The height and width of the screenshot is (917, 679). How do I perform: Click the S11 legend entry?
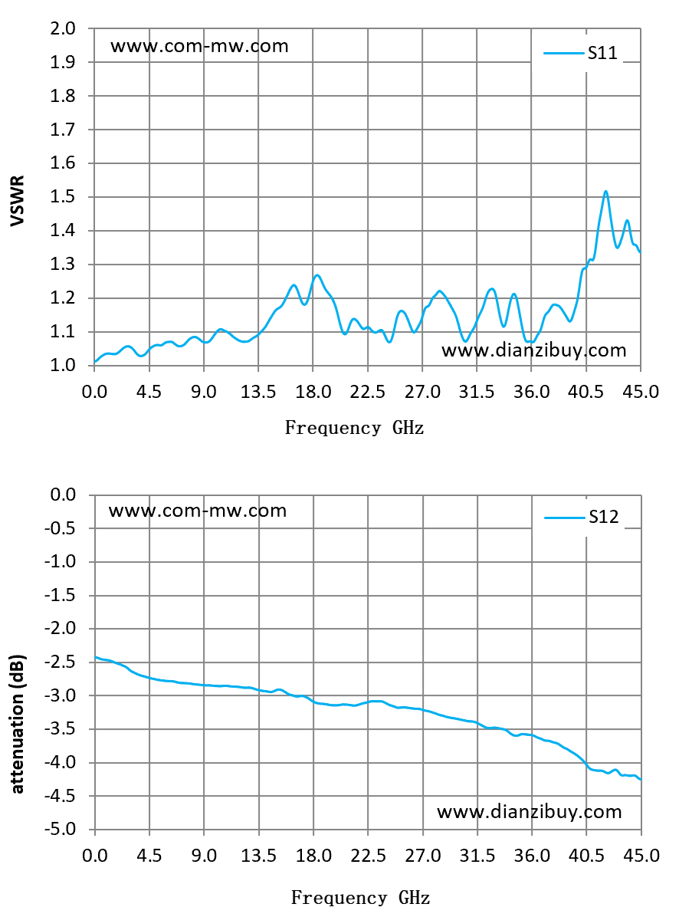[x=580, y=53]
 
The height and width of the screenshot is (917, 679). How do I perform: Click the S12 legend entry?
[x=582, y=517]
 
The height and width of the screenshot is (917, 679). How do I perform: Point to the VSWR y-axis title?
[x=18, y=200]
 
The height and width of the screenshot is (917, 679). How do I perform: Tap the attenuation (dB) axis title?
[x=18, y=724]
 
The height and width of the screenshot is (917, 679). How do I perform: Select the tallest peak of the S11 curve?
[x=605, y=191]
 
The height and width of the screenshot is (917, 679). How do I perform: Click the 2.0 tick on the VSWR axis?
[x=63, y=28]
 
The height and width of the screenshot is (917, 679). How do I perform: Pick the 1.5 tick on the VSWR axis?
[x=63, y=196]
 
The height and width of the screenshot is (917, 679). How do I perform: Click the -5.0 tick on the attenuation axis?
[x=61, y=830]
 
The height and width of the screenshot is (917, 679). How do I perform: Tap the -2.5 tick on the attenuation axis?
[x=61, y=662]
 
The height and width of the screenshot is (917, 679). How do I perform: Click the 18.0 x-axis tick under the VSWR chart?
[x=313, y=391]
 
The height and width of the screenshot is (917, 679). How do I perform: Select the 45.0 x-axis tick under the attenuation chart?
[x=641, y=856]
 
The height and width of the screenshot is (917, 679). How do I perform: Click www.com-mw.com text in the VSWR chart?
[x=199, y=46]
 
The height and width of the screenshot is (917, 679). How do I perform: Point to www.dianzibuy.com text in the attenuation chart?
[x=530, y=812]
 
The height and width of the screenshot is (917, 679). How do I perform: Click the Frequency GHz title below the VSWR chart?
[x=354, y=428]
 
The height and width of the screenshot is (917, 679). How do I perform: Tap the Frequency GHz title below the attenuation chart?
[x=360, y=897]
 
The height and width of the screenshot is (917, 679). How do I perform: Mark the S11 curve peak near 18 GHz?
[x=317, y=274]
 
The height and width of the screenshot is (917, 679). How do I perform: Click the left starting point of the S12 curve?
[x=95, y=657]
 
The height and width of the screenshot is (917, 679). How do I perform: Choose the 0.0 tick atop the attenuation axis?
[x=63, y=495]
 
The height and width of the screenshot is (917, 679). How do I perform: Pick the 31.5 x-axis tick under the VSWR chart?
[x=477, y=391]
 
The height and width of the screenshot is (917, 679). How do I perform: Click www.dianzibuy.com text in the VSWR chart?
[x=533, y=350]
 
